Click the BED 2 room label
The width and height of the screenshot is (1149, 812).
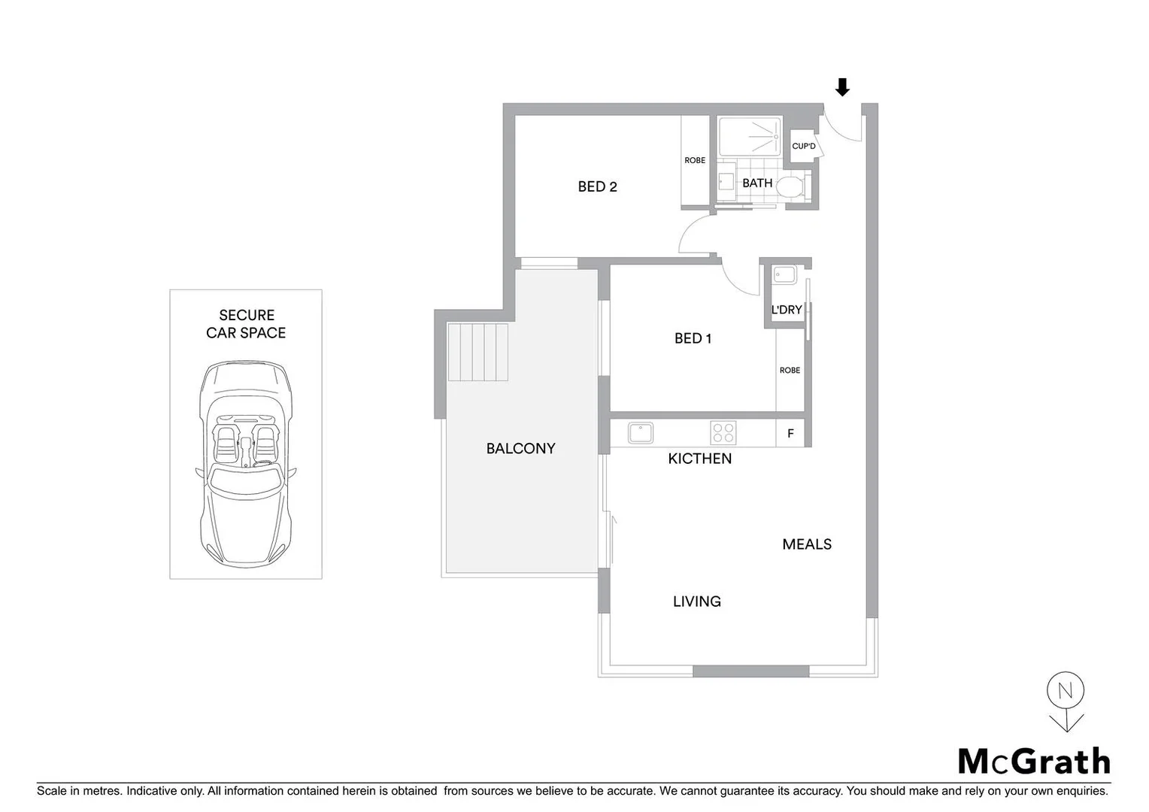pos(597,186)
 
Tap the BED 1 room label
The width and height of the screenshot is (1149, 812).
pos(693,338)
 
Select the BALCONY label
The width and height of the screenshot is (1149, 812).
pos(520,448)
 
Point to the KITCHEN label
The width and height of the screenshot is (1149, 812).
pos(699,459)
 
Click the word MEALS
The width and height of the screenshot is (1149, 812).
pos(806,544)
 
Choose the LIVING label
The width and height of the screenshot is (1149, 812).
pos(696,601)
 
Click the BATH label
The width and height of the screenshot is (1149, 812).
pos(756,183)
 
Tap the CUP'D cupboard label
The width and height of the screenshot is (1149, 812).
pos(803,146)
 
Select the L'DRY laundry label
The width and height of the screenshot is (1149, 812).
pos(787,310)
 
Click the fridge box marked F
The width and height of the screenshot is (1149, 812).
pos(790,434)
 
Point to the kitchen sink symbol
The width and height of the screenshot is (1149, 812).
pos(640,433)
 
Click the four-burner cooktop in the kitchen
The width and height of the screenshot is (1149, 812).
pos(723,433)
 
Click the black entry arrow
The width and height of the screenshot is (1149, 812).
pos(842,87)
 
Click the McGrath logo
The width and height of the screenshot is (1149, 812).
pos(1034,761)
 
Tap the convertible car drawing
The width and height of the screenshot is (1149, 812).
pos(246,462)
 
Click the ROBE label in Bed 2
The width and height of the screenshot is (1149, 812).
pos(695,160)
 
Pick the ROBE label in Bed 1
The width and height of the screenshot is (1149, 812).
pos(790,370)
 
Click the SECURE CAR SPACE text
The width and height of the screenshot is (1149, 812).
pos(246,324)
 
